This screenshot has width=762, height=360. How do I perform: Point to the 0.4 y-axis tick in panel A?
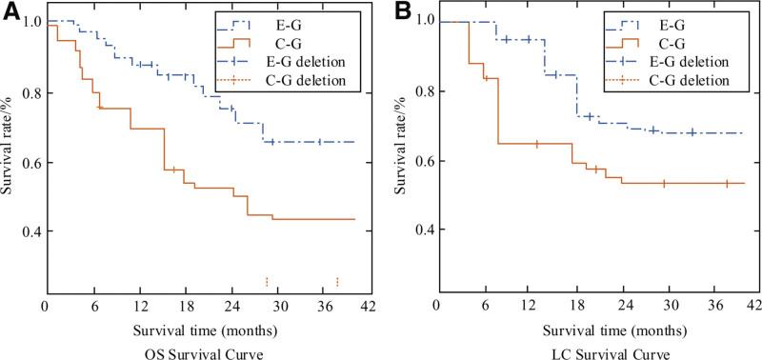pos(29,231)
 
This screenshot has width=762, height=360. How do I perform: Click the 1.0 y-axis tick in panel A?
pos(29,21)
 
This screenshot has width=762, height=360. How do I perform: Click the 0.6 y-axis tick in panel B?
pos(419,161)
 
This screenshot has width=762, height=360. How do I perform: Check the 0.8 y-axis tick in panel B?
pos(419,91)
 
